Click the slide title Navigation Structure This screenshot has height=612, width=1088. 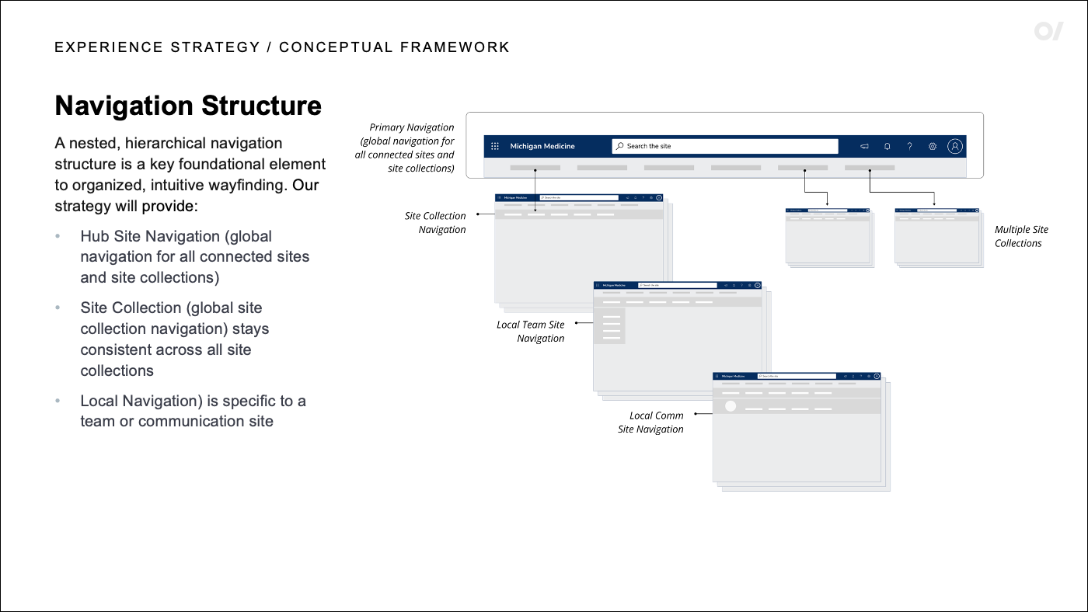(188, 106)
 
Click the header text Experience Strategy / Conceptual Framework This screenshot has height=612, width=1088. (282, 47)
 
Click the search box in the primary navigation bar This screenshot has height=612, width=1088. (725, 146)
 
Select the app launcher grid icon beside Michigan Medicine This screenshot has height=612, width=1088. (495, 146)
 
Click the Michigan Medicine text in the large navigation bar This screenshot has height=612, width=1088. (542, 146)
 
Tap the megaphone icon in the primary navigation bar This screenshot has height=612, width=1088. (864, 146)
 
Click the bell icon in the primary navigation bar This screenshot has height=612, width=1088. (887, 146)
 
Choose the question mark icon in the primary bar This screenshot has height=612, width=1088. (909, 146)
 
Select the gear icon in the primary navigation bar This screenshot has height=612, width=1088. (933, 146)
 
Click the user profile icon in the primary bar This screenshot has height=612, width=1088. (955, 146)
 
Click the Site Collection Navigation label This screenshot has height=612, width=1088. (435, 222)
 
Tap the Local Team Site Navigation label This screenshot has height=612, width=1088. (532, 331)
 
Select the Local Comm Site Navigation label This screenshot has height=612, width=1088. (652, 422)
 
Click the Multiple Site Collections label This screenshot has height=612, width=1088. (1020, 236)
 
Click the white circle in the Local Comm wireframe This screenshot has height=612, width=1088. (731, 406)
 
